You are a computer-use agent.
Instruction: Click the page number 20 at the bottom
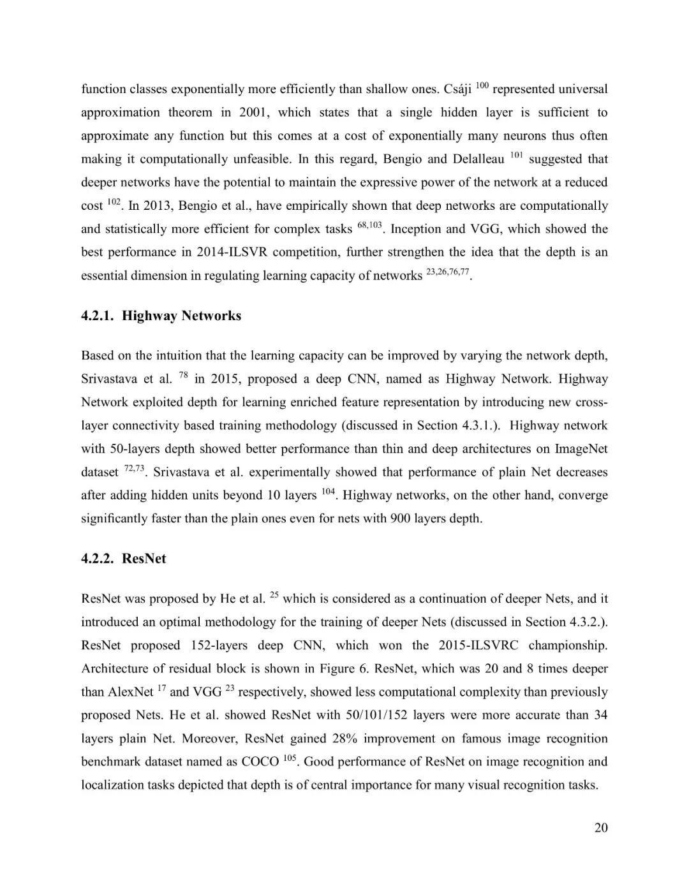[601, 828]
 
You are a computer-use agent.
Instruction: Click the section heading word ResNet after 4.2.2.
[144, 559]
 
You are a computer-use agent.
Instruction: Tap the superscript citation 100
[482, 85]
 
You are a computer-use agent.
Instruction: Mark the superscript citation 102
[114, 202]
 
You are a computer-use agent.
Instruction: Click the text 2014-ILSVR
[233, 253]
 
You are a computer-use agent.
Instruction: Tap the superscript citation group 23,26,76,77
[447, 272]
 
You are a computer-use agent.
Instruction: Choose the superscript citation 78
[183, 375]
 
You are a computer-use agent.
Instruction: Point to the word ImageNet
[581, 449]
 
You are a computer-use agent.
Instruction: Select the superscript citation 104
[328, 492]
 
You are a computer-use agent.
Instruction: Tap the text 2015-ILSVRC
[478, 645]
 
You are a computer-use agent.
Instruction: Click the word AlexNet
[130, 692]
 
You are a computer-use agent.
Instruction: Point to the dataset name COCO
[260, 762]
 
